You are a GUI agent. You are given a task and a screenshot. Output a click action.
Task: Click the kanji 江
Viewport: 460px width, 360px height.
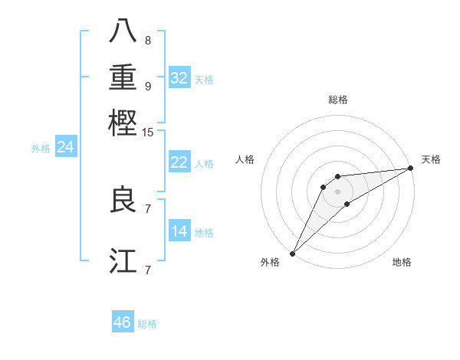pyautogui.click(x=123, y=260)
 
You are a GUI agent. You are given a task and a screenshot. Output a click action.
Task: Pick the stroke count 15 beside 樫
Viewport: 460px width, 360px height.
pyautogui.click(x=148, y=133)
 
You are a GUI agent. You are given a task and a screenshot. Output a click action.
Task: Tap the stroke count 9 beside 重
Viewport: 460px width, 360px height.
pyautogui.click(x=148, y=86)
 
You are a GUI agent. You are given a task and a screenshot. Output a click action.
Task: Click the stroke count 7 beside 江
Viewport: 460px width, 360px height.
pyautogui.click(x=148, y=270)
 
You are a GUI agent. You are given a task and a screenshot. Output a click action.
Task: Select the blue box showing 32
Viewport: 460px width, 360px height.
pyautogui.click(x=179, y=78)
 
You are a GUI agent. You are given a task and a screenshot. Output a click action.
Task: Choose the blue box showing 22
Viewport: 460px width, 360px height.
pyautogui.click(x=179, y=162)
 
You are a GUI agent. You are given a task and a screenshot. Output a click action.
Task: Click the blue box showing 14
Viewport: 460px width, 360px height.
pyautogui.click(x=179, y=231)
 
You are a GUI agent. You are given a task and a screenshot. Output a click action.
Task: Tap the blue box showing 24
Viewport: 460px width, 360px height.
pyautogui.click(x=66, y=147)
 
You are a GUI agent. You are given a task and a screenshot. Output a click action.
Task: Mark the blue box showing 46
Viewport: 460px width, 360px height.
pyautogui.click(x=123, y=322)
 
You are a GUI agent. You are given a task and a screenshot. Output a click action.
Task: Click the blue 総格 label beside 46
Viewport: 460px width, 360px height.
pyautogui.click(x=147, y=324)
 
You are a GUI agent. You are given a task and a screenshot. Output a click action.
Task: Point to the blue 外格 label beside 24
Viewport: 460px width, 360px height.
pyautogui.click(x=41, y=149)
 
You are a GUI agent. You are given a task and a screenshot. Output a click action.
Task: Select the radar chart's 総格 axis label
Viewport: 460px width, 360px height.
pyautogui.click(x=337, y=100)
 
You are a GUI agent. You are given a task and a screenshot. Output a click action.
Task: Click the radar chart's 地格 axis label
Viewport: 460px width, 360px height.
pyautogui.click(x=402, y=262)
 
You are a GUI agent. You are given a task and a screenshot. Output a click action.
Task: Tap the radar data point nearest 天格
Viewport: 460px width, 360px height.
pyautogui.click(x=412, y=169)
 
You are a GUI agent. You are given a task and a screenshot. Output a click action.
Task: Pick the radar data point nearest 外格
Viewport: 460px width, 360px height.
pyautogui.click(x=292, y=253)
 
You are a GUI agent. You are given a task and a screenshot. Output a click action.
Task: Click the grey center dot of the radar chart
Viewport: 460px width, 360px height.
pyautogui.click(x=337, y=191)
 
